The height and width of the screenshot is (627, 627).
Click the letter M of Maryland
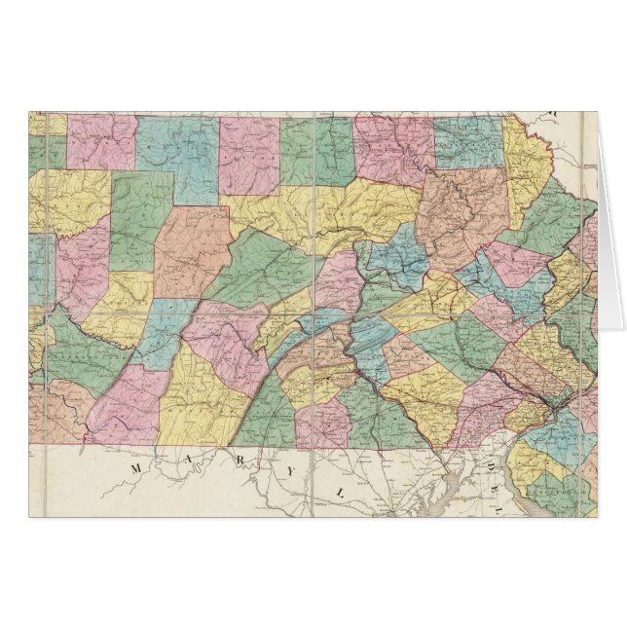(x=135, y=469)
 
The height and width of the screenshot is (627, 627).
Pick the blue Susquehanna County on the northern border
(x=469, y=141)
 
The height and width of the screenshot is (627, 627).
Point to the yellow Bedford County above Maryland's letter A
(x=200, y=399)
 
